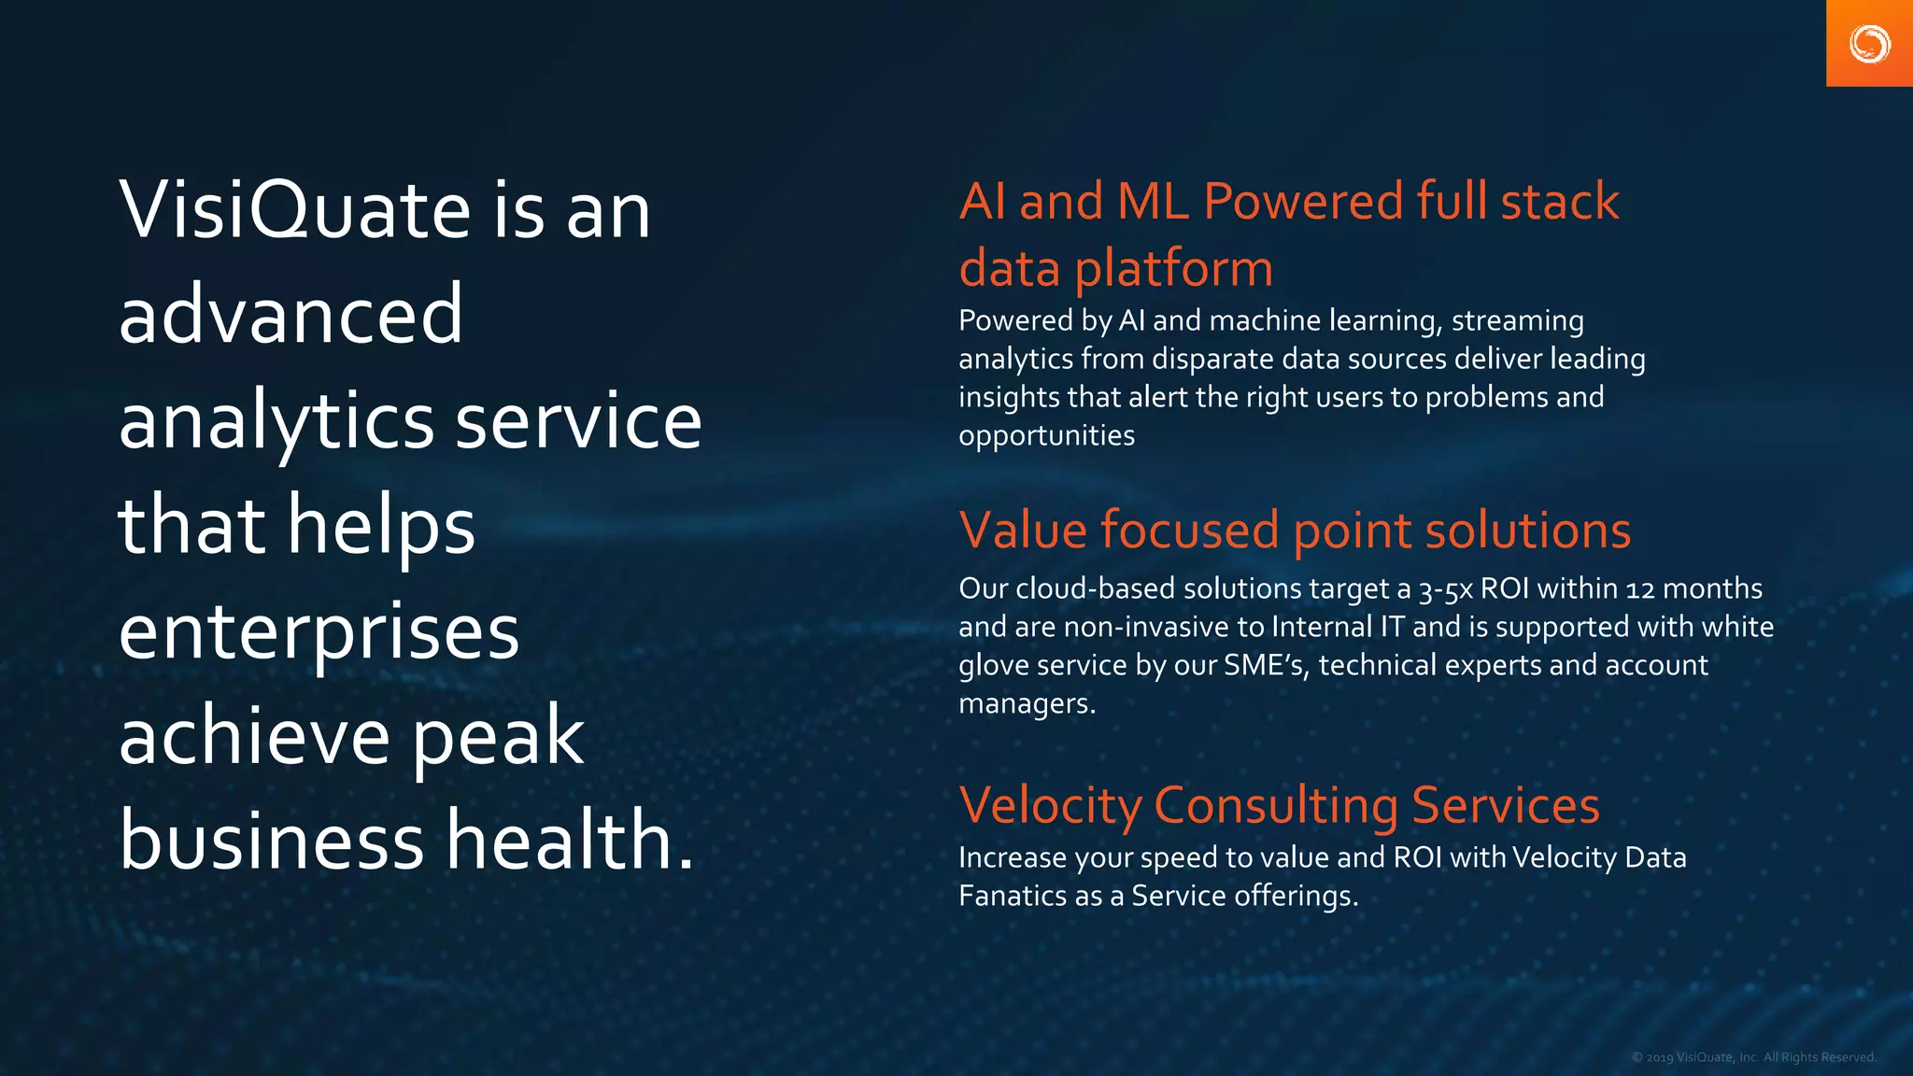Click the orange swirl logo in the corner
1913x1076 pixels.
pos(1869,44)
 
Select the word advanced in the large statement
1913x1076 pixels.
pos(290,315)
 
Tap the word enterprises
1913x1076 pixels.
pos(319,631)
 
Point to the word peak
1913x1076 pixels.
pos(498,738)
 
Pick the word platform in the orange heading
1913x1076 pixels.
pos(1174,269)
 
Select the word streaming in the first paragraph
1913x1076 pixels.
pos(1517,320)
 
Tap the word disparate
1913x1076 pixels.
pos(1212,359)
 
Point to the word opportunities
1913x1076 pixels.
pos(1046,436)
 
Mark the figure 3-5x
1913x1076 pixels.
pos(1445,589)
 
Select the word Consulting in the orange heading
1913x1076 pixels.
pos(1276,805)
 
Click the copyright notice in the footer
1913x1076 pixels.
pos(1753,1057)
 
